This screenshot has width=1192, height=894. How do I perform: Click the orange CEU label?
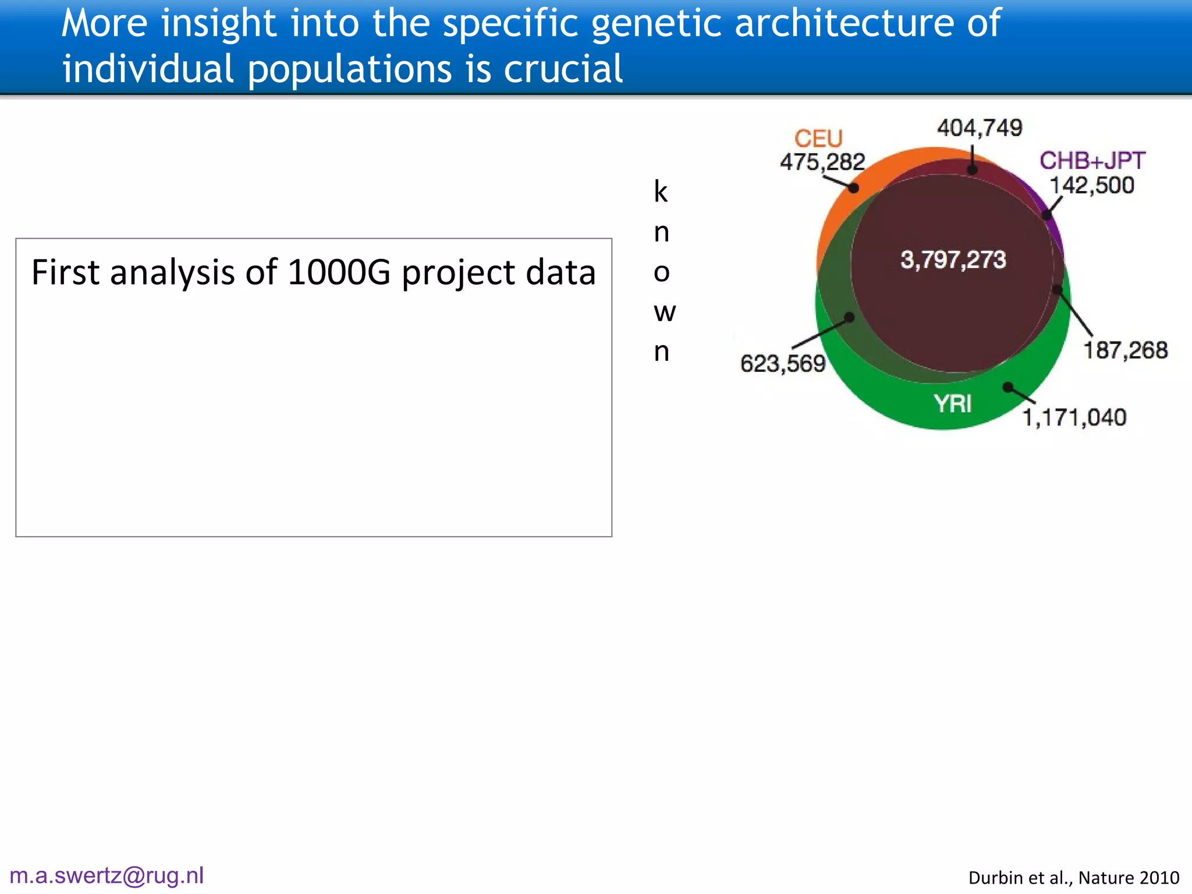tap(818, 139)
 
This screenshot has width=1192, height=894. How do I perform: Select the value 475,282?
tap(822, 162)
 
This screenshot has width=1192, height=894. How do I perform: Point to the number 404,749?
tap(980, 127)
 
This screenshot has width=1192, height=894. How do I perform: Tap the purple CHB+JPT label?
tap(1092, 161)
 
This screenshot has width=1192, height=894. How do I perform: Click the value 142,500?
tap(1092, 185)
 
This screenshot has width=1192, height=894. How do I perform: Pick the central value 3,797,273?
tap(953, 260)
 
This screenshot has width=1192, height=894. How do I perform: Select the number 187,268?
tap(1125, 350)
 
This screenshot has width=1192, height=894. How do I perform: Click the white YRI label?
tap(953, 403)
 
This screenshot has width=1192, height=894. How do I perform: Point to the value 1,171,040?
tap(1074, 417)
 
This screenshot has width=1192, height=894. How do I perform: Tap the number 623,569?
tap(783, 364)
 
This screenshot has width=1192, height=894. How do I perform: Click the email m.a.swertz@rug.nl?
tap(107, 875)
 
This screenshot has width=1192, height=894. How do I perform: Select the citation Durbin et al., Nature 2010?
tap(1074, 878)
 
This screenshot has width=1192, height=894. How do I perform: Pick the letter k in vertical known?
tap(661, 191)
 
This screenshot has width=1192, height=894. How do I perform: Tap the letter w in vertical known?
tap(664, 313)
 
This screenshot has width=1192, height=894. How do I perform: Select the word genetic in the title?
tap(657, 23)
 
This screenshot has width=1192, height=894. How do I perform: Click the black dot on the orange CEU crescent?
tap(853, 188)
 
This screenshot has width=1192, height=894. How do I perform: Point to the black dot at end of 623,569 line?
tap(850, 317)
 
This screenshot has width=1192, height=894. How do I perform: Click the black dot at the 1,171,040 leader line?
tap(1008, 387)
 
